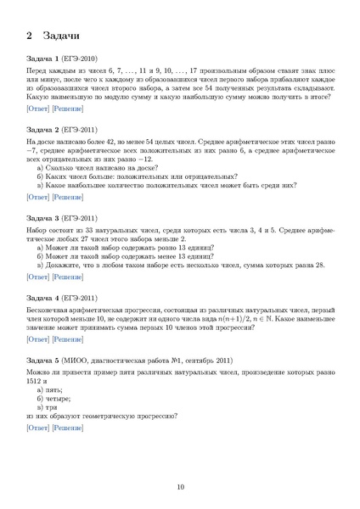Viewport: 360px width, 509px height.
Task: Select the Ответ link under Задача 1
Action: point(38,109)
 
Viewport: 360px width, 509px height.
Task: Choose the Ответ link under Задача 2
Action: point(38,197)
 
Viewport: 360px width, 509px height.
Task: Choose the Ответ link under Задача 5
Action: point(38,428)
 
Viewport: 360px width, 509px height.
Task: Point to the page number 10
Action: point(180,486)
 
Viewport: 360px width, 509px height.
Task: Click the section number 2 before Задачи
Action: point(30,36)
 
